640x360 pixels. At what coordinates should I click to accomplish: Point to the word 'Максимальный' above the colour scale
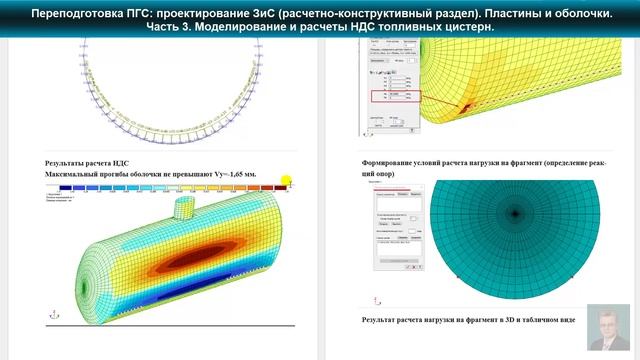click(x=81, y=174)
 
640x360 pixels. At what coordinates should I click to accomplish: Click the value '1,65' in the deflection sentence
click(x=236, y=174)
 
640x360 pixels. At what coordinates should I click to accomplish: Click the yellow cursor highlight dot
click(x=286, y=181)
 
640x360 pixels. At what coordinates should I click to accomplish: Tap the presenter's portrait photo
click(x=609, y=328)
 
